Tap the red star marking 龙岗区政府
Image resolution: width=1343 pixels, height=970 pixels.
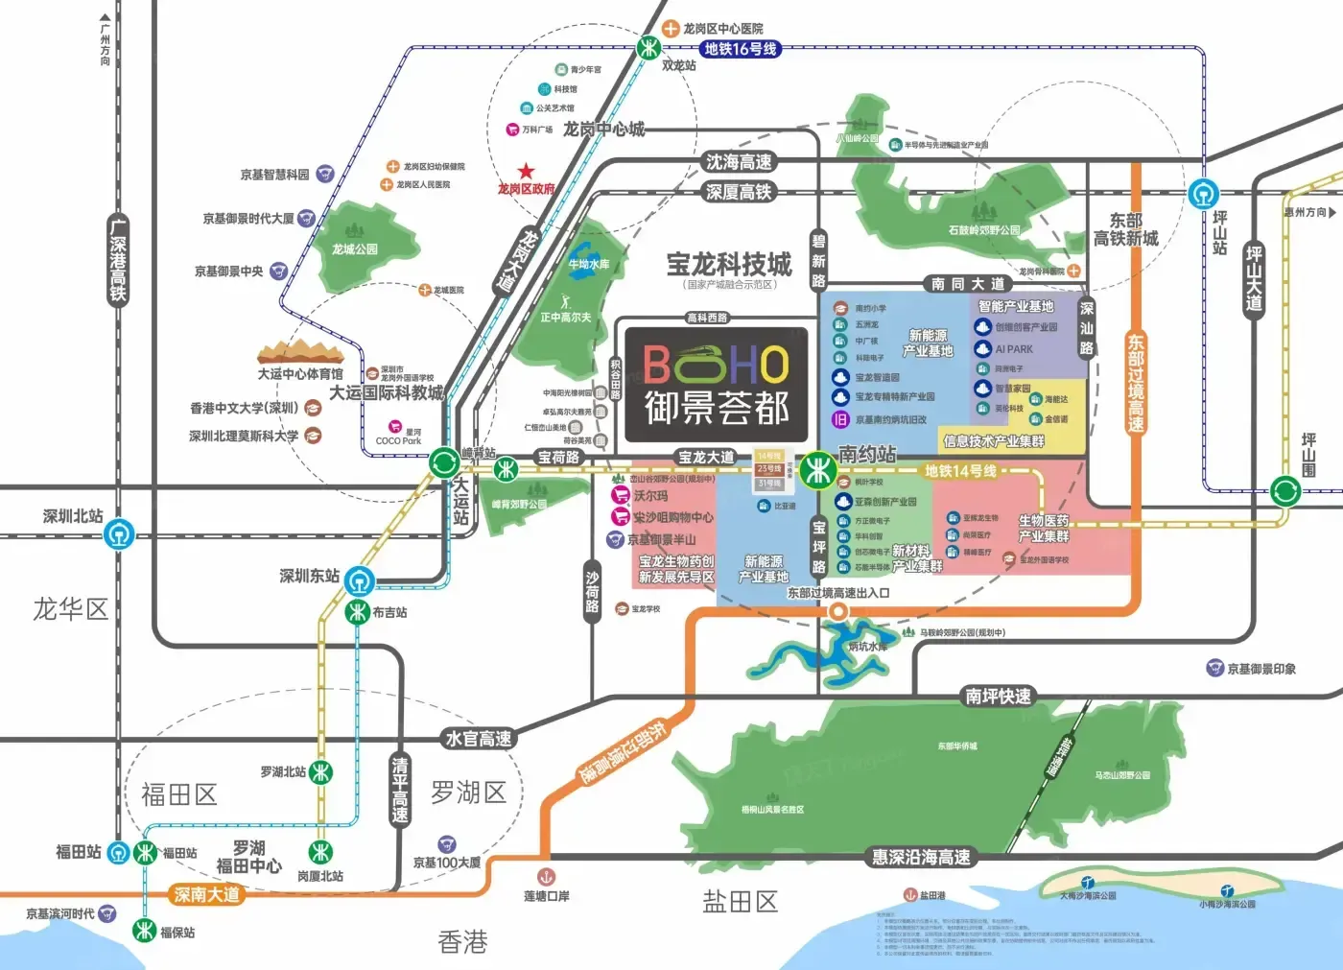click(526, 172)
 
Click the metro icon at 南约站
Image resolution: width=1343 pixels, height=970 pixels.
click(817, 470)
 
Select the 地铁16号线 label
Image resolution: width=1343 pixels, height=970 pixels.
click(740, 49)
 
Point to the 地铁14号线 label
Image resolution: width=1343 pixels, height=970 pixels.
click(960, 471)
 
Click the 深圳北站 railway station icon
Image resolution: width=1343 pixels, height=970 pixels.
click(120, 533)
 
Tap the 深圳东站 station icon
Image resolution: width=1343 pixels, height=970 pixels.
click(360, 580)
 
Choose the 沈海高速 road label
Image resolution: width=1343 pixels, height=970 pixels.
click(739, 162)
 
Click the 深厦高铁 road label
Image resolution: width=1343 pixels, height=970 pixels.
click(739, 192)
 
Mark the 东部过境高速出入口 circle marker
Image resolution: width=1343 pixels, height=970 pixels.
click(838, 611)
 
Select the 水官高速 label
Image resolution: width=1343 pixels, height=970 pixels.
click(479, 739)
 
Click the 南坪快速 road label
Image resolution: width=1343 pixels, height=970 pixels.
click(999, 696)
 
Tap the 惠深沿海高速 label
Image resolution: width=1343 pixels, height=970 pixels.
click(920, 857)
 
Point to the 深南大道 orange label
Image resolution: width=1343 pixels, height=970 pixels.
click(206, 895)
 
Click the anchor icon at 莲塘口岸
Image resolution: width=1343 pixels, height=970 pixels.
click(546, 876)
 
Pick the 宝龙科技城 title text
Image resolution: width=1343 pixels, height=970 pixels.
click(729, 264)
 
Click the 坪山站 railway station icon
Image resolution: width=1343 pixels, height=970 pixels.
click(1202, 194)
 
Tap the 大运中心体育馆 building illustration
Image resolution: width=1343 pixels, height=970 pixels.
click(300, 352)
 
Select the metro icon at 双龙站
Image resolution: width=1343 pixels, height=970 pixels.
click(649, 47)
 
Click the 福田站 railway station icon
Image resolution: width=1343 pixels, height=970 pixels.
click(118, 852)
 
